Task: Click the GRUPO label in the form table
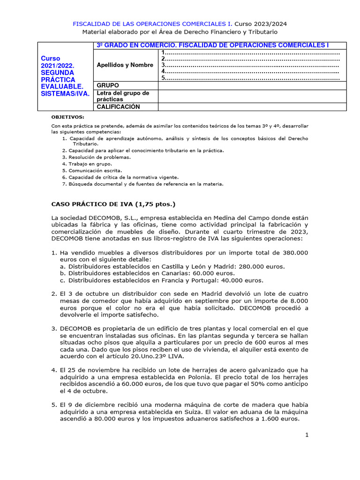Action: (108, 85)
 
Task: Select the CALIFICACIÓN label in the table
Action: (118, 107)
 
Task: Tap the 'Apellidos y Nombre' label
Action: (125, 65)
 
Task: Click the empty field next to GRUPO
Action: (252, 85)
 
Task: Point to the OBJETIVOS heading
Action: (68, 117)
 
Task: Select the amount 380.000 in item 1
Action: (296, 252)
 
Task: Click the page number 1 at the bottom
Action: (307, 435)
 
